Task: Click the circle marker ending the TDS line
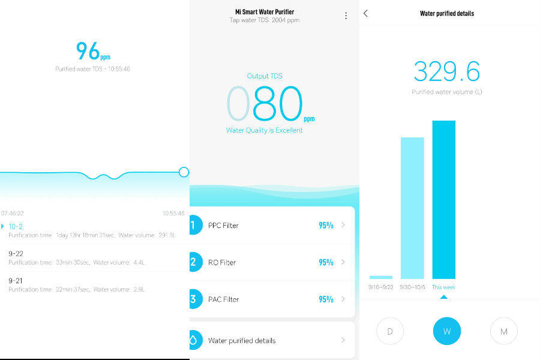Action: click(184, 172)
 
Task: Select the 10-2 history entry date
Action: click(16, 226)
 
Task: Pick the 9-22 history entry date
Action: click(16, 254)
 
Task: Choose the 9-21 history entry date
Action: click(16, 280)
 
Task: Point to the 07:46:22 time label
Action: click(13, 213)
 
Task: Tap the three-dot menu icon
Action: click(346, 16)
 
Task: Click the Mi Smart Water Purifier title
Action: click(265, 11)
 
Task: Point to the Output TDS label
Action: click(265, 76)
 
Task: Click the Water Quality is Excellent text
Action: click(265, 130)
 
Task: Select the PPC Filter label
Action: click(223, 226)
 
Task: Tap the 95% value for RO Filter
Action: click(326, 262)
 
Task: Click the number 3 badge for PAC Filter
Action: click(194, 299)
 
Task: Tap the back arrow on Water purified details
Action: click(366, 13)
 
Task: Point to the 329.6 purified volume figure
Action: click(447, 72)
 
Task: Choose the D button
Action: click(390, 331)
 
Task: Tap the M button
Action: click(503, 331)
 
